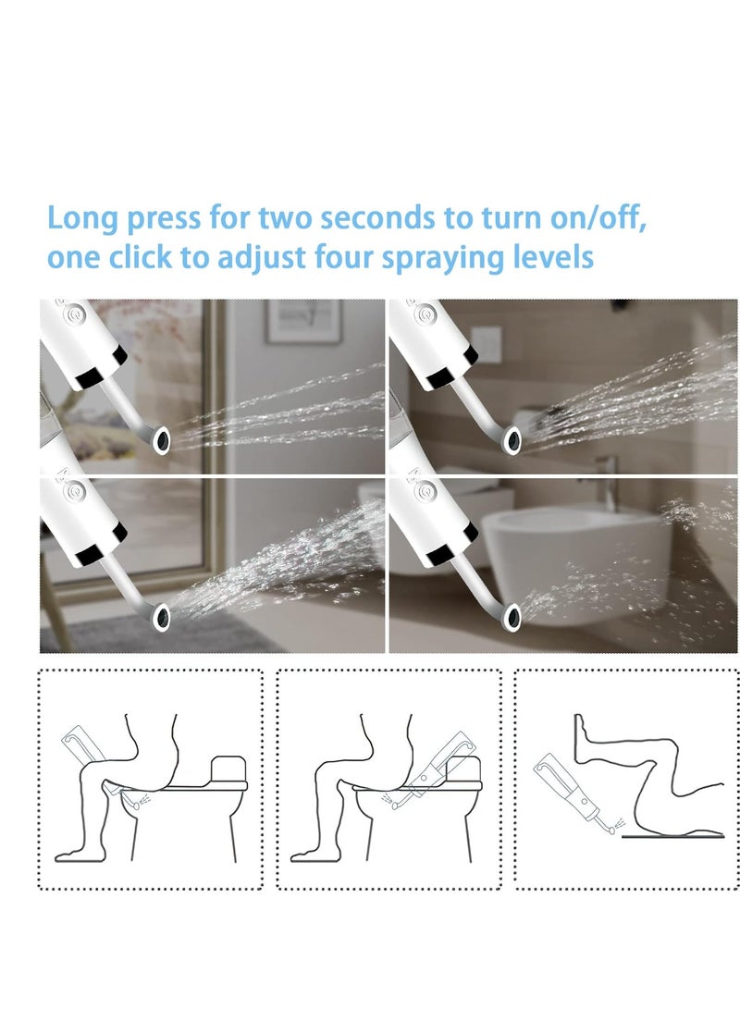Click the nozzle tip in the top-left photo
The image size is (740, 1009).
pos(162,440)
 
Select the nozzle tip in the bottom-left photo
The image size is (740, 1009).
pos(162,613)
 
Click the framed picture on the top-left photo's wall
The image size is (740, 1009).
pos(302,321)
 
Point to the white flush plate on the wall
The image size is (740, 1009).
pos(486,344)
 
